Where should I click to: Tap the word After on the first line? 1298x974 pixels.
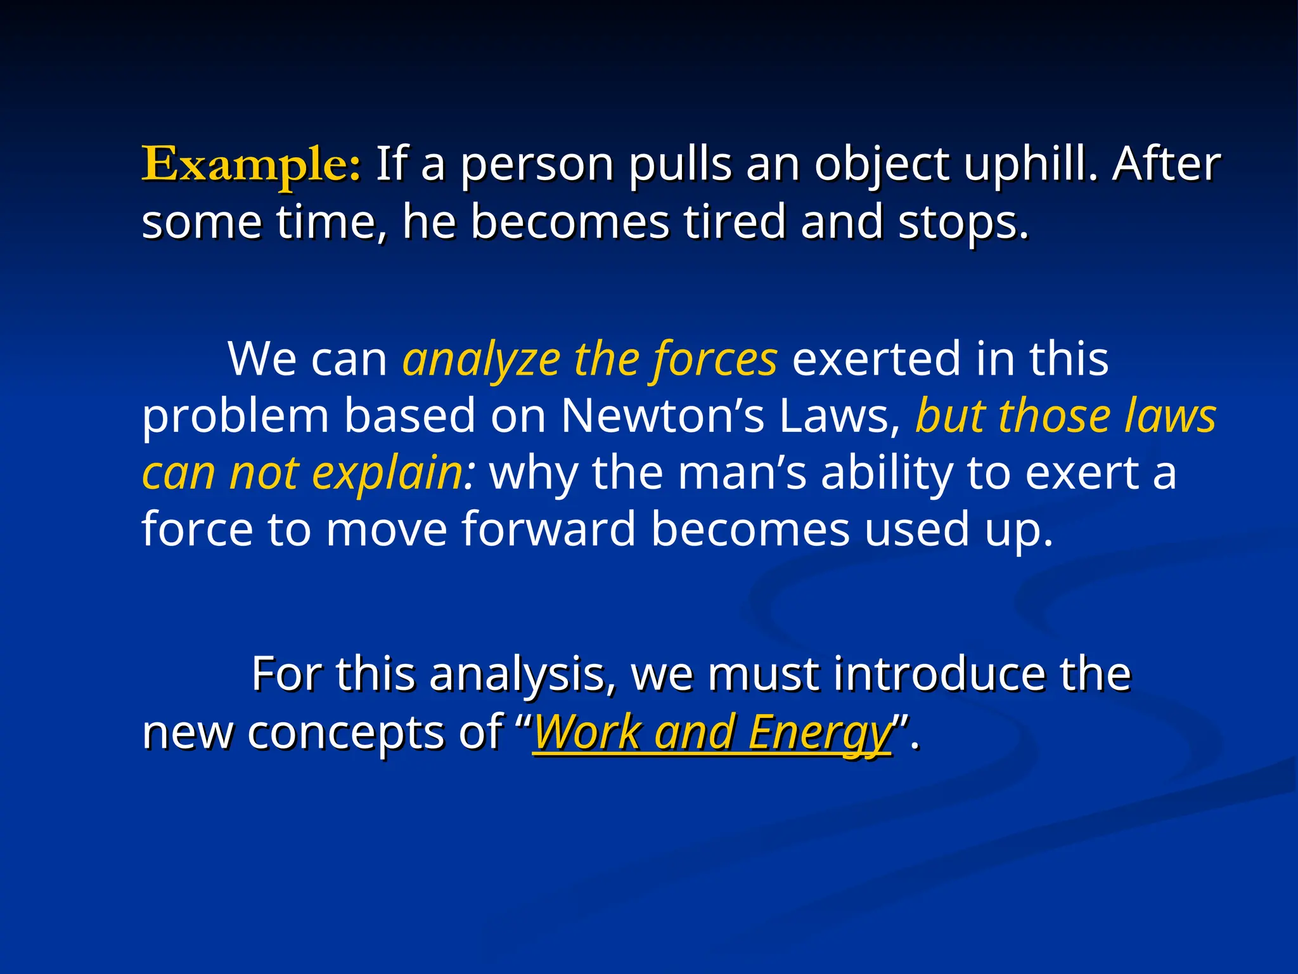pyautogui.click(x=1166, y=164)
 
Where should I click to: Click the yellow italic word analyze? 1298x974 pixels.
pyautogui.click(x=481, y=360)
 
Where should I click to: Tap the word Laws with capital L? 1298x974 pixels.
pyautogui.click(x=839, y=417)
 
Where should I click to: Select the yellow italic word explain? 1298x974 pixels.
pyautogui.click(x=393, y=474)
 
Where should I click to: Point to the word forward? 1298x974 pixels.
pyautogui.click(x=548, y=529)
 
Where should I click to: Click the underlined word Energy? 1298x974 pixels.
pyautogui.click(x=819, y=732)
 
